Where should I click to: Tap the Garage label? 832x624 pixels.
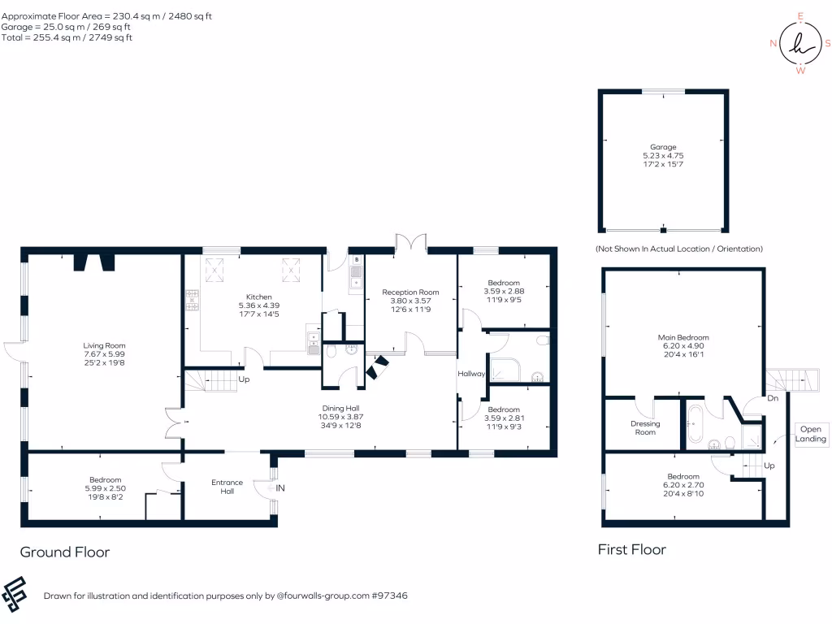click(663, 147)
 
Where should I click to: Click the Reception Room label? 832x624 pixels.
click(410, 292)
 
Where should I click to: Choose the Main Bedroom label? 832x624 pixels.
click(683, 337)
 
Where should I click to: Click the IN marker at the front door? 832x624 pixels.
click(280, 488)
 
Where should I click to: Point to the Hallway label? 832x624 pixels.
click(471, 375)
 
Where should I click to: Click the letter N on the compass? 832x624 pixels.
click(773, 44)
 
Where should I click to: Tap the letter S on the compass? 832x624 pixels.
click(827, 44)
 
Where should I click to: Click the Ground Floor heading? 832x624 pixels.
click(65, 552)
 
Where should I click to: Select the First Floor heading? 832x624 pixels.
click(631, 550)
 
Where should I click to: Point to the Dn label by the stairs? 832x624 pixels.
click(773, 399)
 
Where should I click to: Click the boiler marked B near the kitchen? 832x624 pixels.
click(356, 260)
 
